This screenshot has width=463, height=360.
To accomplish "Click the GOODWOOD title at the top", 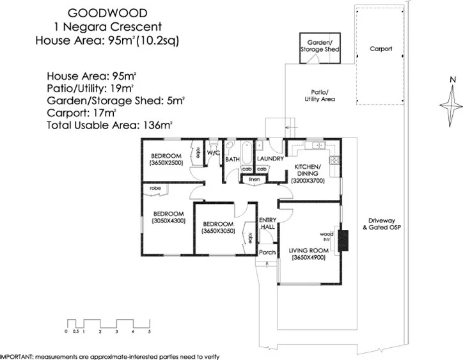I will (107, 13).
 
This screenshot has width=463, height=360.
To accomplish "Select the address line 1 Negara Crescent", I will (107, 27).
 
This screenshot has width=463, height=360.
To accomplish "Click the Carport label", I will (381, 49).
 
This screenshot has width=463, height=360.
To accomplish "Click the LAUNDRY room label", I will (270, 159).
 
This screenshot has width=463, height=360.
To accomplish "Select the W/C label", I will (213, 153).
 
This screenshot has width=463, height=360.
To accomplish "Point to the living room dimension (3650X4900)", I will (308, 258).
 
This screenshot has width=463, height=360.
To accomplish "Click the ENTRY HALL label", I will (267, 224).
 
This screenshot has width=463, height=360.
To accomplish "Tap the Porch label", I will (267, 253).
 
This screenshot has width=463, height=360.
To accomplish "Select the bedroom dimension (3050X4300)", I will (168, 221).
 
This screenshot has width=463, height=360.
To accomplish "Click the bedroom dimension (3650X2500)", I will (167, 163).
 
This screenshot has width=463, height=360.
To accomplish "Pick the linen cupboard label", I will (254, 180).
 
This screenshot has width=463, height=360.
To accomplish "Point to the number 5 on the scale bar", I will (149, 333).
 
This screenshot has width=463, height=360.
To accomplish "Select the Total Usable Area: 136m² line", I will (109, 125).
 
